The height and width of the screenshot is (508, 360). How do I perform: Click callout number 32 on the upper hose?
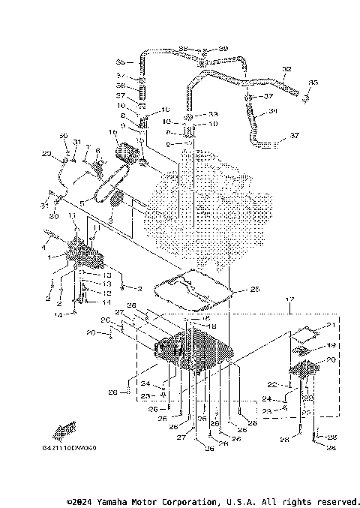point(286,69)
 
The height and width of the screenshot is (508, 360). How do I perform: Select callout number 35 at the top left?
point(120,61)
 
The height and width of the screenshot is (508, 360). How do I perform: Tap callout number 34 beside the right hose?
point(272,113)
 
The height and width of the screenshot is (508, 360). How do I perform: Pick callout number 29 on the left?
point(46,154)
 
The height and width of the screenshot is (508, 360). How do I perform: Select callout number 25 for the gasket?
point(254,289)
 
